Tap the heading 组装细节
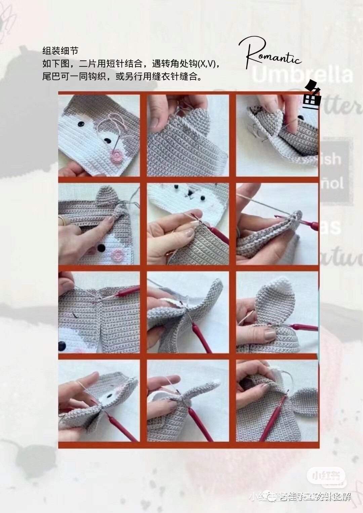point(60,51)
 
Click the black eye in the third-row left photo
point(63,345)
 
